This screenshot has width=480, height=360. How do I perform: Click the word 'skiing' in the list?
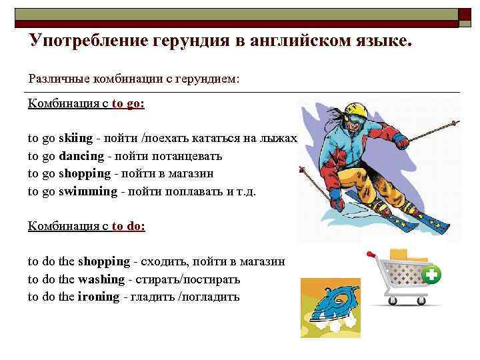[75, 139]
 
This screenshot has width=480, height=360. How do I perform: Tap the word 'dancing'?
[81, 156]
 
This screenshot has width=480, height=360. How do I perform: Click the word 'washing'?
[101, 279]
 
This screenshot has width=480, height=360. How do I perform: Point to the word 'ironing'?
[98, 297]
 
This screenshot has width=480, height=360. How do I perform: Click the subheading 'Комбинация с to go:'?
[86, 104]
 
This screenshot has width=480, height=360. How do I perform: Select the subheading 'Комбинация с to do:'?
[86, 226]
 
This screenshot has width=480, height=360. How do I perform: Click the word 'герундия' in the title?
[190, 41]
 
